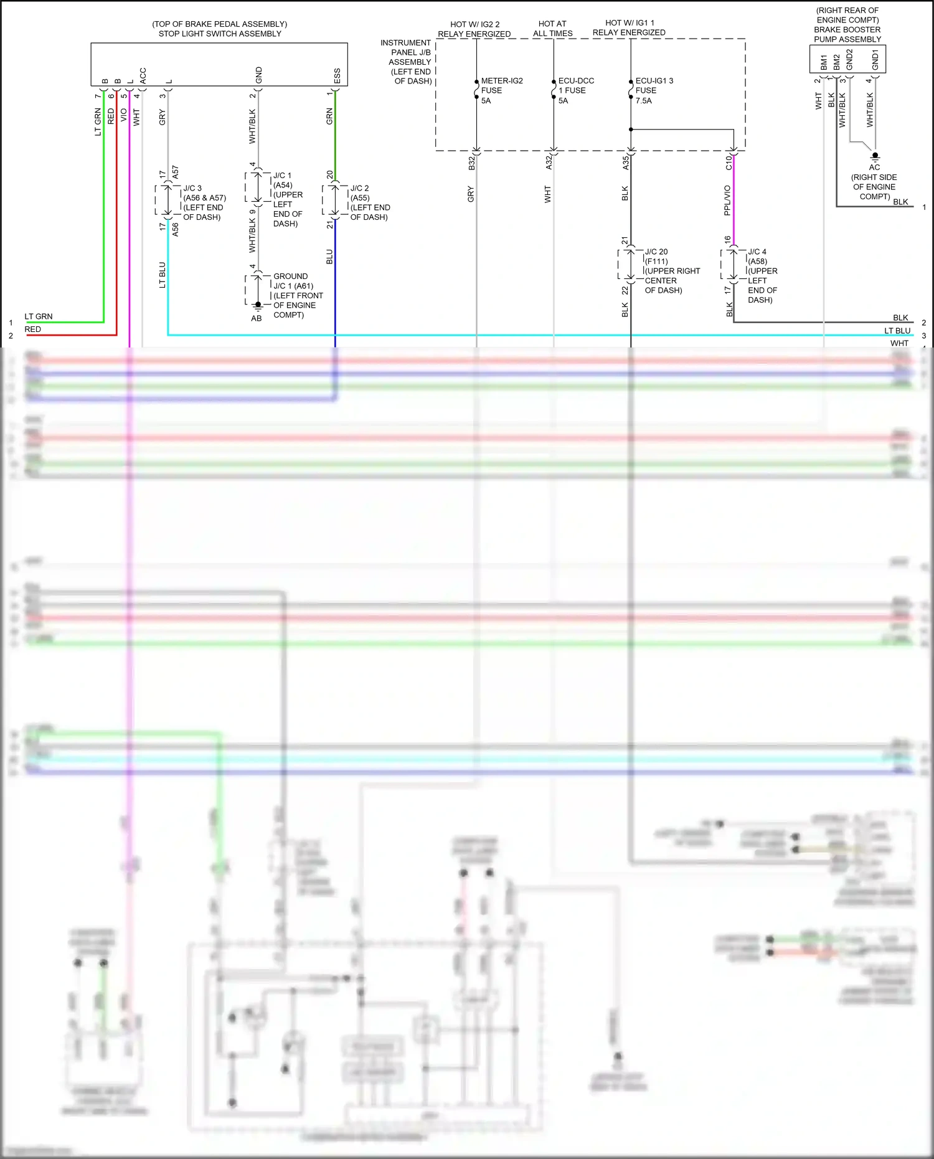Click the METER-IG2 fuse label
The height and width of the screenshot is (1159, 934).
pos(501,90)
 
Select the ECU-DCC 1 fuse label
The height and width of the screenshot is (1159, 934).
pos(575,90)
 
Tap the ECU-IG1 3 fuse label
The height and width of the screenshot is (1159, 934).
pos(653,90)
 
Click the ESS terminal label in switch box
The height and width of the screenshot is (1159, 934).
pos(337,76)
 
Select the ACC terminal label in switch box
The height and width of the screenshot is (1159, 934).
pos(143,75)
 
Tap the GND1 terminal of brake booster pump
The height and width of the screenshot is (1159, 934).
pos(875,60)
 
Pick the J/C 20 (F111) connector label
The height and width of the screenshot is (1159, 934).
pos(671,271)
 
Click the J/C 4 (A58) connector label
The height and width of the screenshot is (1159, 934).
pos(762,275)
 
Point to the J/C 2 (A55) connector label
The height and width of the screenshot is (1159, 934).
pos(369,202)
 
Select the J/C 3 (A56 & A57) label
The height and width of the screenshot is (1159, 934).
pos(204,202)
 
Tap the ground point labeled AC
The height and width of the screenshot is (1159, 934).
pos(875,156)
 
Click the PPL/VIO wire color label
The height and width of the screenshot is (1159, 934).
pos(727,201)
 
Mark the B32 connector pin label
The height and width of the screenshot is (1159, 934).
pos(471,163)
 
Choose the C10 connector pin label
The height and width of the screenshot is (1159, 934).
pos(729,163)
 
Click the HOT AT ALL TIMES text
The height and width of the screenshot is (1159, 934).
pos(552,29)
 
